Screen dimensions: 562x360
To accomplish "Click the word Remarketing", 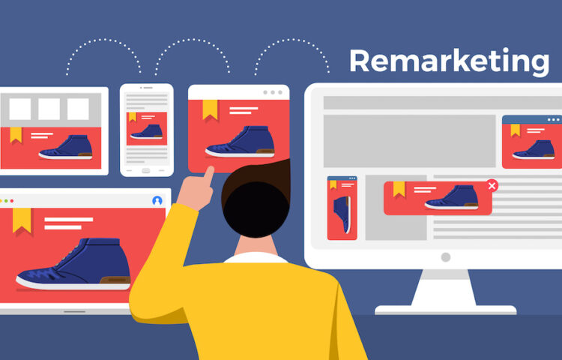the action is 450,61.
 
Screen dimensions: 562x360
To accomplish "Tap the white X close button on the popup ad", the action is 492,185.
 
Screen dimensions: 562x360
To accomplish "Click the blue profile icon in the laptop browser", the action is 157,201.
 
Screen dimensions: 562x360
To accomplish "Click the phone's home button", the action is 146,170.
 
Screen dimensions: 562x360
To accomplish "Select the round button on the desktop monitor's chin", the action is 446,257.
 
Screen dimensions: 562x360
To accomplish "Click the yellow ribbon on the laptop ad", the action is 22,220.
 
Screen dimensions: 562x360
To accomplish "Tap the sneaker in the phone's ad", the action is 147,131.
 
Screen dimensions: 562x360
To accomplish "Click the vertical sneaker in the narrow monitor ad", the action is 342,214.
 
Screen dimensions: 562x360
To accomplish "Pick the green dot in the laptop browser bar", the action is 6,201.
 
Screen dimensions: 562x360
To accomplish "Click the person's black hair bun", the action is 256,209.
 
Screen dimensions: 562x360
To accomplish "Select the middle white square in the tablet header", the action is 49,109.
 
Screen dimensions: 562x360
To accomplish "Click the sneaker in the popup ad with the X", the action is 452,197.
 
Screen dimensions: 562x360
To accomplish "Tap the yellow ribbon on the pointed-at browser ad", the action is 210,109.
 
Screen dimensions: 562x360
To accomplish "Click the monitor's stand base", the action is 446,310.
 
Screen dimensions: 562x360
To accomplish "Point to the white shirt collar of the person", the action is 256,257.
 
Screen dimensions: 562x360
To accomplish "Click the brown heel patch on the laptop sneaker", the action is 115,280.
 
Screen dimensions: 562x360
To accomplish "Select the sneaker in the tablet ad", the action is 66,147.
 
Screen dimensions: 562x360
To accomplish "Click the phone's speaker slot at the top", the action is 147,88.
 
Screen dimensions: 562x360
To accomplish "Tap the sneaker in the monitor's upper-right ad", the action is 534,150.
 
